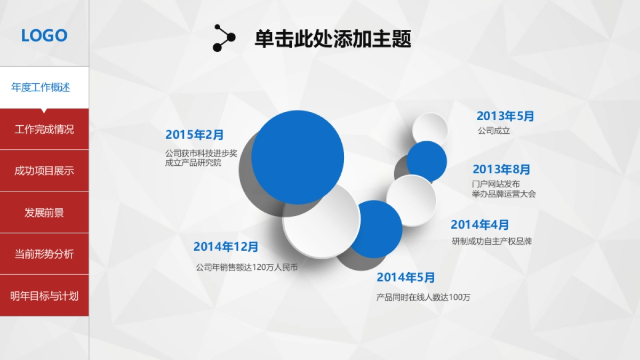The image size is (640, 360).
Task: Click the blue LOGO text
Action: (44, 36)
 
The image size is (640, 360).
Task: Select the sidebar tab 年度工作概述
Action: (41, 87)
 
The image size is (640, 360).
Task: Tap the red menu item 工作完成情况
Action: (44, 129)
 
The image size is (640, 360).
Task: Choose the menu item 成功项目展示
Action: (44, 171)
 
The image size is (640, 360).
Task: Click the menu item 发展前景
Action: (44, 212)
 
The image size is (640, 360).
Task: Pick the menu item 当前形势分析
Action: (44, 254)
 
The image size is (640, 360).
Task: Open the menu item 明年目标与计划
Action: (44, 295)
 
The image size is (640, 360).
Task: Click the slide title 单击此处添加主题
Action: (333, 39)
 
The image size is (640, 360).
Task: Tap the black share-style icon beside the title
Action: (223, 38)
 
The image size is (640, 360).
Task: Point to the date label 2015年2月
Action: (195, 134)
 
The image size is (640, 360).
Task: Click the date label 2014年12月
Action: (226, 246)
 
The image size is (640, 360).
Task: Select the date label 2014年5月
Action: (406, 277)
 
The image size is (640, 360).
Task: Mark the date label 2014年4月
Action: (480, 225)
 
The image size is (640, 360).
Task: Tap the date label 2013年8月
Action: (501, 170)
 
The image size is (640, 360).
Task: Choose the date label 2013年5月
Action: (505, 116)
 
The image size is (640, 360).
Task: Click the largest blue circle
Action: (298, 157)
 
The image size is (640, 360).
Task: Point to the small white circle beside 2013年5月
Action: (429, 128)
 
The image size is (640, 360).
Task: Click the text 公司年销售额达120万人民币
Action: (246, 267)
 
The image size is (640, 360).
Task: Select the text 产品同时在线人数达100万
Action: (423, 297)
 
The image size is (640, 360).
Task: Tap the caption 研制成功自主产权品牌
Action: (492, 241)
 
